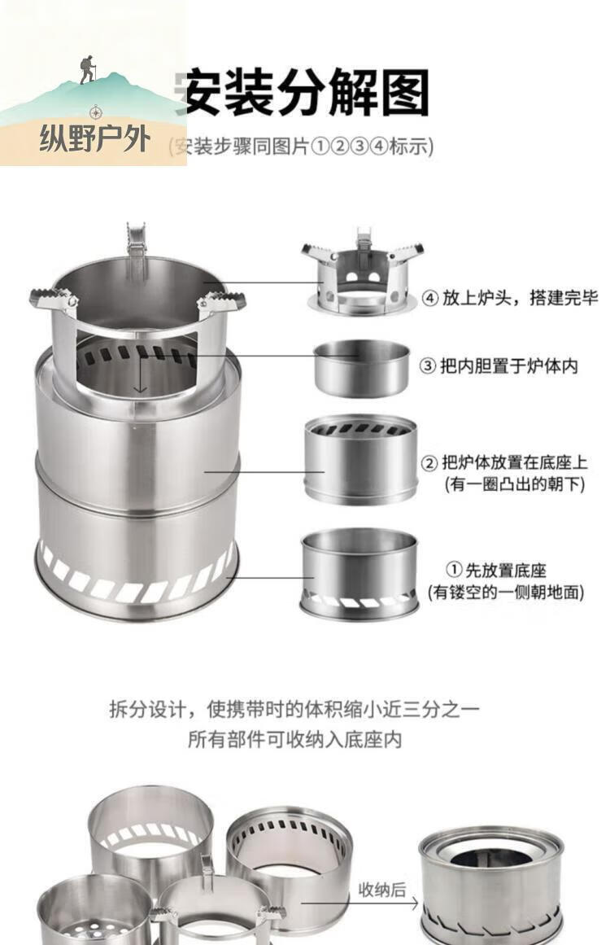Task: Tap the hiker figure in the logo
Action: [x=88, y=70]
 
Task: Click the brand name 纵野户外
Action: [x=94, y=138]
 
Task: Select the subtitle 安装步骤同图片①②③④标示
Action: [x=301, y=147]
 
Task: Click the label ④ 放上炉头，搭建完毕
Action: [x=510, y=298]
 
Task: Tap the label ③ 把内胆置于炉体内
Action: [x=499, y=365]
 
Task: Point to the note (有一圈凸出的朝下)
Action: [x=515, y=484]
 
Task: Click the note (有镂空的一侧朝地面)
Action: [x=506, y=593]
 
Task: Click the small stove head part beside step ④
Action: [x=362, y=270]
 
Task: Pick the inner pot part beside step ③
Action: [x=362, y=368]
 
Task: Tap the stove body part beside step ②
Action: [x=361, y=459]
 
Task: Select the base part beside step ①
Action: [x=359, y=574]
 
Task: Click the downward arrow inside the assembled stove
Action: [x=141, y=374]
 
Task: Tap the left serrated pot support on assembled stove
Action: [x=54, y=300]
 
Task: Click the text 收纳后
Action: [x=381, y=890]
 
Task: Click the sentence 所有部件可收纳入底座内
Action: [x=294, y=740]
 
